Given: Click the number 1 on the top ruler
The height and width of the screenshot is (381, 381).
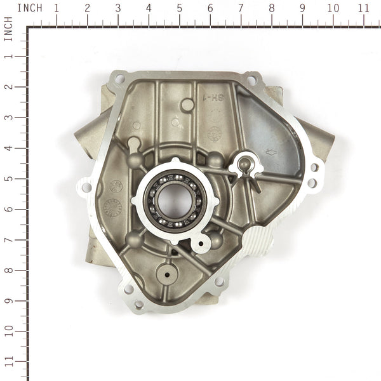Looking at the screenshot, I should pos(57,8).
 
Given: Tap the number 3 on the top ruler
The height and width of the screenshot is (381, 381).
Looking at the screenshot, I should pos(118,8).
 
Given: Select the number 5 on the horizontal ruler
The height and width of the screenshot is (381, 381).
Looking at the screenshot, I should pos(180,8).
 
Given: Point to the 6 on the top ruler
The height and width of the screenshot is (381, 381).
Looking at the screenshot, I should pos(210,8).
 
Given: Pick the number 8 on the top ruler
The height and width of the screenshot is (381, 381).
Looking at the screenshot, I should pos(272,8).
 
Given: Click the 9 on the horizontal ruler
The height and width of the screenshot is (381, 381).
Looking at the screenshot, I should pos(302,8).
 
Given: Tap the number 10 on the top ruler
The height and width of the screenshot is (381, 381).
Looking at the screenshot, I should pos(333,8).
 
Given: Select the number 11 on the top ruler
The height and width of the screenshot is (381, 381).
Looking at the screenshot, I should pos(364,8).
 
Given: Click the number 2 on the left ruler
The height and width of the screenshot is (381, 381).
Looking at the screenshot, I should pos(8,87).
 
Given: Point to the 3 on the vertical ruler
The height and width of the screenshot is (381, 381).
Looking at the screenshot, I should pos(8,117).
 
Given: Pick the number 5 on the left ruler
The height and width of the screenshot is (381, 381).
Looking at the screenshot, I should pos(8,179).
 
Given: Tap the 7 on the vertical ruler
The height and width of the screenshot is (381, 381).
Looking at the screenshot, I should pos(8,241).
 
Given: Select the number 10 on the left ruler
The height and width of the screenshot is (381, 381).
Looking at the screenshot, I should pos(8,332).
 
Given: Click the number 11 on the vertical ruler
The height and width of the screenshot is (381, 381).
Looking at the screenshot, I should pos(8,363).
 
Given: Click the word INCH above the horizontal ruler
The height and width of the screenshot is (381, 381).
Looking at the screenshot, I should pos(30,8).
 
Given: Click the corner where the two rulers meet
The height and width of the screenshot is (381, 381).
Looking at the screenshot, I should pos(28,27).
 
